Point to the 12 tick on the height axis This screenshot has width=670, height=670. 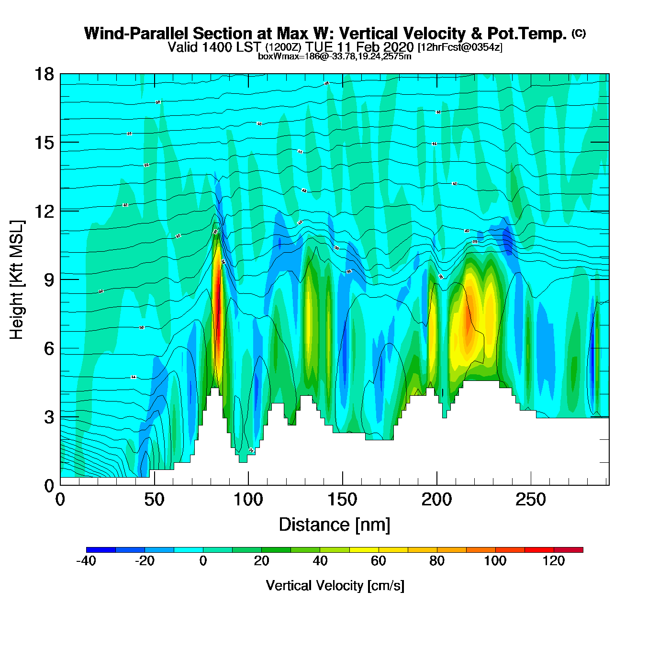(44, 211)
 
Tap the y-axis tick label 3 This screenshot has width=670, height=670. (49, 417)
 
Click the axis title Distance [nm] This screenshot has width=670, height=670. (335, 525)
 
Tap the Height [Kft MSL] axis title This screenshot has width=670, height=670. (17, 280)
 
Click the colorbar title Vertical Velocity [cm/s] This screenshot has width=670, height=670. (335, 586)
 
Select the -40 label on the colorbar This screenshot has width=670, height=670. (86, 561)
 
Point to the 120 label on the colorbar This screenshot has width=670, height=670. (554, 561)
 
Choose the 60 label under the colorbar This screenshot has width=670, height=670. (379, 561)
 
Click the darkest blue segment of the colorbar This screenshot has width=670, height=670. (101, 550)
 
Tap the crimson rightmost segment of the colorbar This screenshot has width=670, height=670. (569, 550)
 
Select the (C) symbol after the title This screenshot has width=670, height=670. (579, 33)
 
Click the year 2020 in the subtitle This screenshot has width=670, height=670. (398, 47)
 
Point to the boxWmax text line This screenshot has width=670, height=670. (335, 56)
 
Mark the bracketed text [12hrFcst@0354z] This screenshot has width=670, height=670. (460, 47)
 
